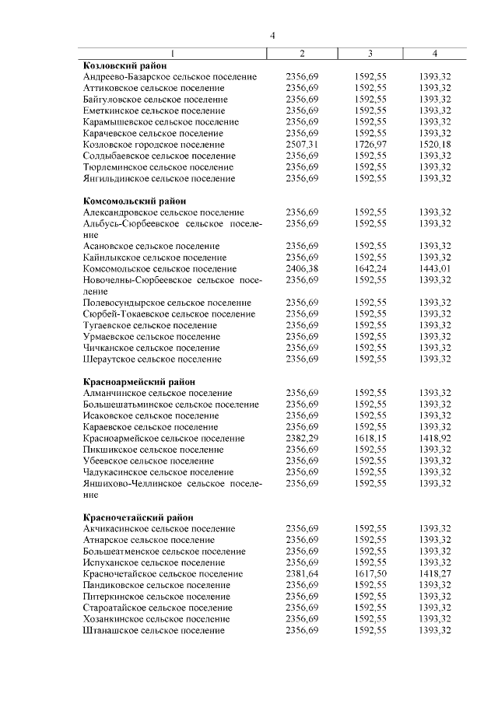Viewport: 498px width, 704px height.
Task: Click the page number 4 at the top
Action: (272, 35)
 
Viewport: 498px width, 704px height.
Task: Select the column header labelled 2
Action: (302, 53)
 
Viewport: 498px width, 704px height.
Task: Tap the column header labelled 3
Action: (370, 53)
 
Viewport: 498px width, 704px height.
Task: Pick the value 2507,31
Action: (302, 145)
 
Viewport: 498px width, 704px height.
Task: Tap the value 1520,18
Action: (435, 145)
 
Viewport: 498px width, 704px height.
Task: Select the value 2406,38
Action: (302, 268)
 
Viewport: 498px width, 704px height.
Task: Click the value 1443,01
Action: (435, 268)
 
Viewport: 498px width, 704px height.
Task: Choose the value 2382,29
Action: (302, 438)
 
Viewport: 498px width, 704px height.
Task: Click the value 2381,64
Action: (302, 573)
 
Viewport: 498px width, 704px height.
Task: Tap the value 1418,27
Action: (435, 573)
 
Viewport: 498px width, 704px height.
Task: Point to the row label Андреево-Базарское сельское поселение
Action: (170, 77)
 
